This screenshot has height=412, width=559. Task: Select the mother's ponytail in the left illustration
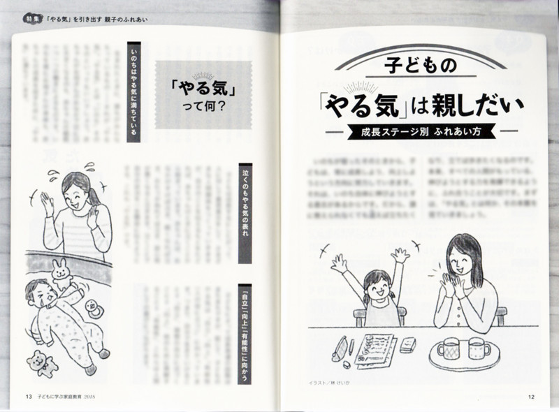(94, 193)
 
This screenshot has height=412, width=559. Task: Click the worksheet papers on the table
(375, 348)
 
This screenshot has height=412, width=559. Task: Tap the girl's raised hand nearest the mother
(400, 256)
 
